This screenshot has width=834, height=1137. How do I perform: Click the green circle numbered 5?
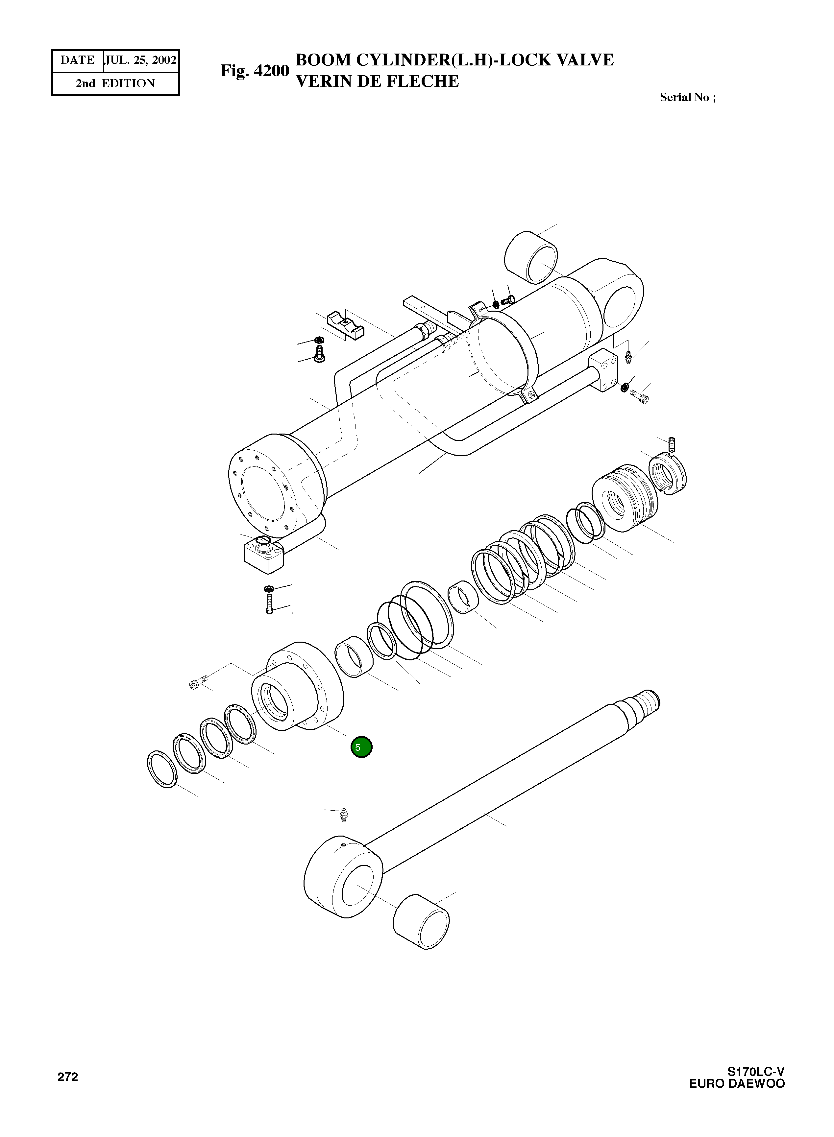pyautogui.click(x=361, y=747)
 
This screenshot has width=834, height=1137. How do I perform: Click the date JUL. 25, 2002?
pyautogui.click(x=140, y=60)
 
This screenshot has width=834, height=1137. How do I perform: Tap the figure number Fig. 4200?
pyautogui.click(x=255, y=71)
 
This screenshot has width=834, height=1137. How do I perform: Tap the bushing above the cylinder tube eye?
pyautogui.click(x=531, y=258)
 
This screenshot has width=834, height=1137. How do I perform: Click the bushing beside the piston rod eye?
pyautogui.click(x=421, y=923)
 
